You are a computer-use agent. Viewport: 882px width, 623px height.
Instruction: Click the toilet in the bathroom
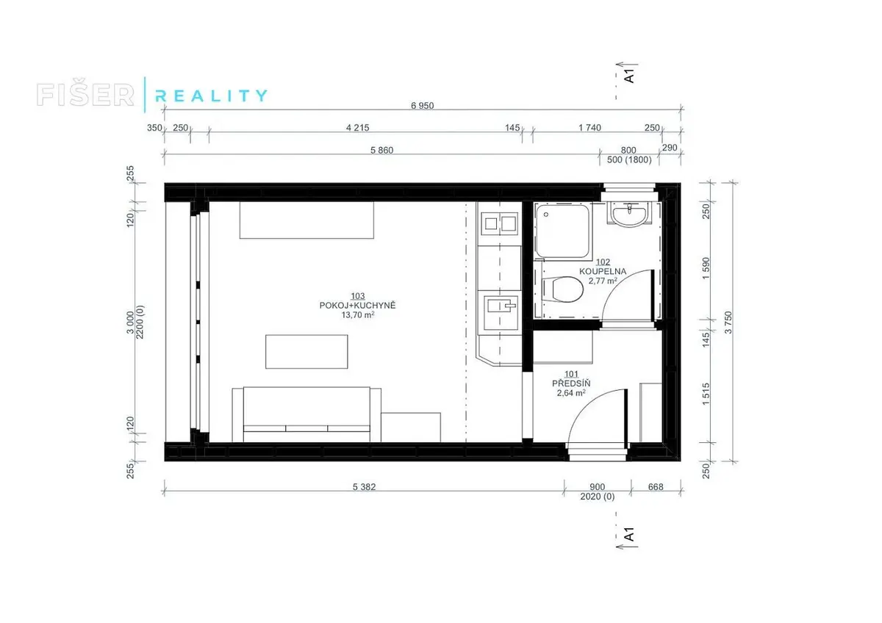tap(562, 289)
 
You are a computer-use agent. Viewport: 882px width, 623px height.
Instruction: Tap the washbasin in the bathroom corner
tap(630, 215)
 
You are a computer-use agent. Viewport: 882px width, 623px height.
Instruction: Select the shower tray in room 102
tap(563, 231)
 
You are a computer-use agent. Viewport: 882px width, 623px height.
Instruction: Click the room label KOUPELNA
tap(603, 271)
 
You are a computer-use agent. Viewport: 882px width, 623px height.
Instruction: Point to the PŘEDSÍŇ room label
tap(571, 383)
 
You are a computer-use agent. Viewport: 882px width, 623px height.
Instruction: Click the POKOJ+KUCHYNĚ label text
tap(357, 306)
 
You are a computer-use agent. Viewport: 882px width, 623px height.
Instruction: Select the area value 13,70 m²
tap(357, 315)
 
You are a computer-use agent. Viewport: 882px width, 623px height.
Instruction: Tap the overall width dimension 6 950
tap(422, 106)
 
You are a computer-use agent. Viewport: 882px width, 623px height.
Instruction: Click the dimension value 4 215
tap(357, 128)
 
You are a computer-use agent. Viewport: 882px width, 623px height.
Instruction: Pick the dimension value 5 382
tap(364, 487)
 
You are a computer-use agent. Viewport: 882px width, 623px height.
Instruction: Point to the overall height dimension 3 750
tap(728, 323)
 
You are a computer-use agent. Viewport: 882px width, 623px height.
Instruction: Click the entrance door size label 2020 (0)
tap(597, 497)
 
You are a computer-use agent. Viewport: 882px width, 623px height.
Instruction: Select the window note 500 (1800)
tap(629, 159)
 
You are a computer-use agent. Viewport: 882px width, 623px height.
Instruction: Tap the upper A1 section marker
tap(629, 76)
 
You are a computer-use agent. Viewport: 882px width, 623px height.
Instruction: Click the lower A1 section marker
tap(629, 534)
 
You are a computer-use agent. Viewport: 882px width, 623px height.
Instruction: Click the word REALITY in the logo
tap(212, 96)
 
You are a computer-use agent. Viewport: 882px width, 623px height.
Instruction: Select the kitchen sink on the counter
tap(499, 312)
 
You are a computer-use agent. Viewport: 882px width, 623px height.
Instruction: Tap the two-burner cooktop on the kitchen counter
tap(499, 223)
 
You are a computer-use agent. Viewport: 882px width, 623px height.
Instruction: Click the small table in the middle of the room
tap(306, 352)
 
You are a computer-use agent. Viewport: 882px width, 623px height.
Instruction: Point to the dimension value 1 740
tap(589, 128)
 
